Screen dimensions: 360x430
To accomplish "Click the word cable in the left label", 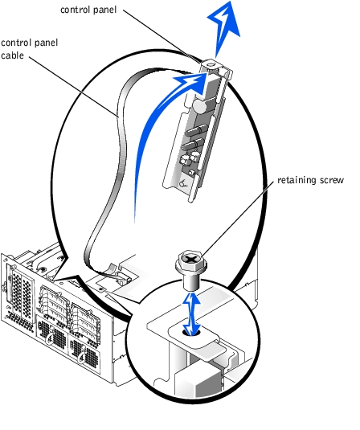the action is click(x=12, y=55).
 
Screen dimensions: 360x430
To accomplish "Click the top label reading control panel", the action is click(x=88, y=10).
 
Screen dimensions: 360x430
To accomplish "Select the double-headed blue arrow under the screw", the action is click(x=192, y=313).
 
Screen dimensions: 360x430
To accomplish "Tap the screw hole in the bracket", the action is click(x=192, y=333).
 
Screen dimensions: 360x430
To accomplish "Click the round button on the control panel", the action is click(x=199, y=105).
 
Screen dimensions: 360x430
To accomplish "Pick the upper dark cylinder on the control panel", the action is click(x=196, y=129).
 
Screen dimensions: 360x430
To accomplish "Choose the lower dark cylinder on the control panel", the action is click(x=193, y=144).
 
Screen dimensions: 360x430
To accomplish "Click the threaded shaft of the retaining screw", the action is click(x=191, y=282).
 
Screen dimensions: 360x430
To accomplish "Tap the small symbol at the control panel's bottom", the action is click(x=183, y=183).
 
